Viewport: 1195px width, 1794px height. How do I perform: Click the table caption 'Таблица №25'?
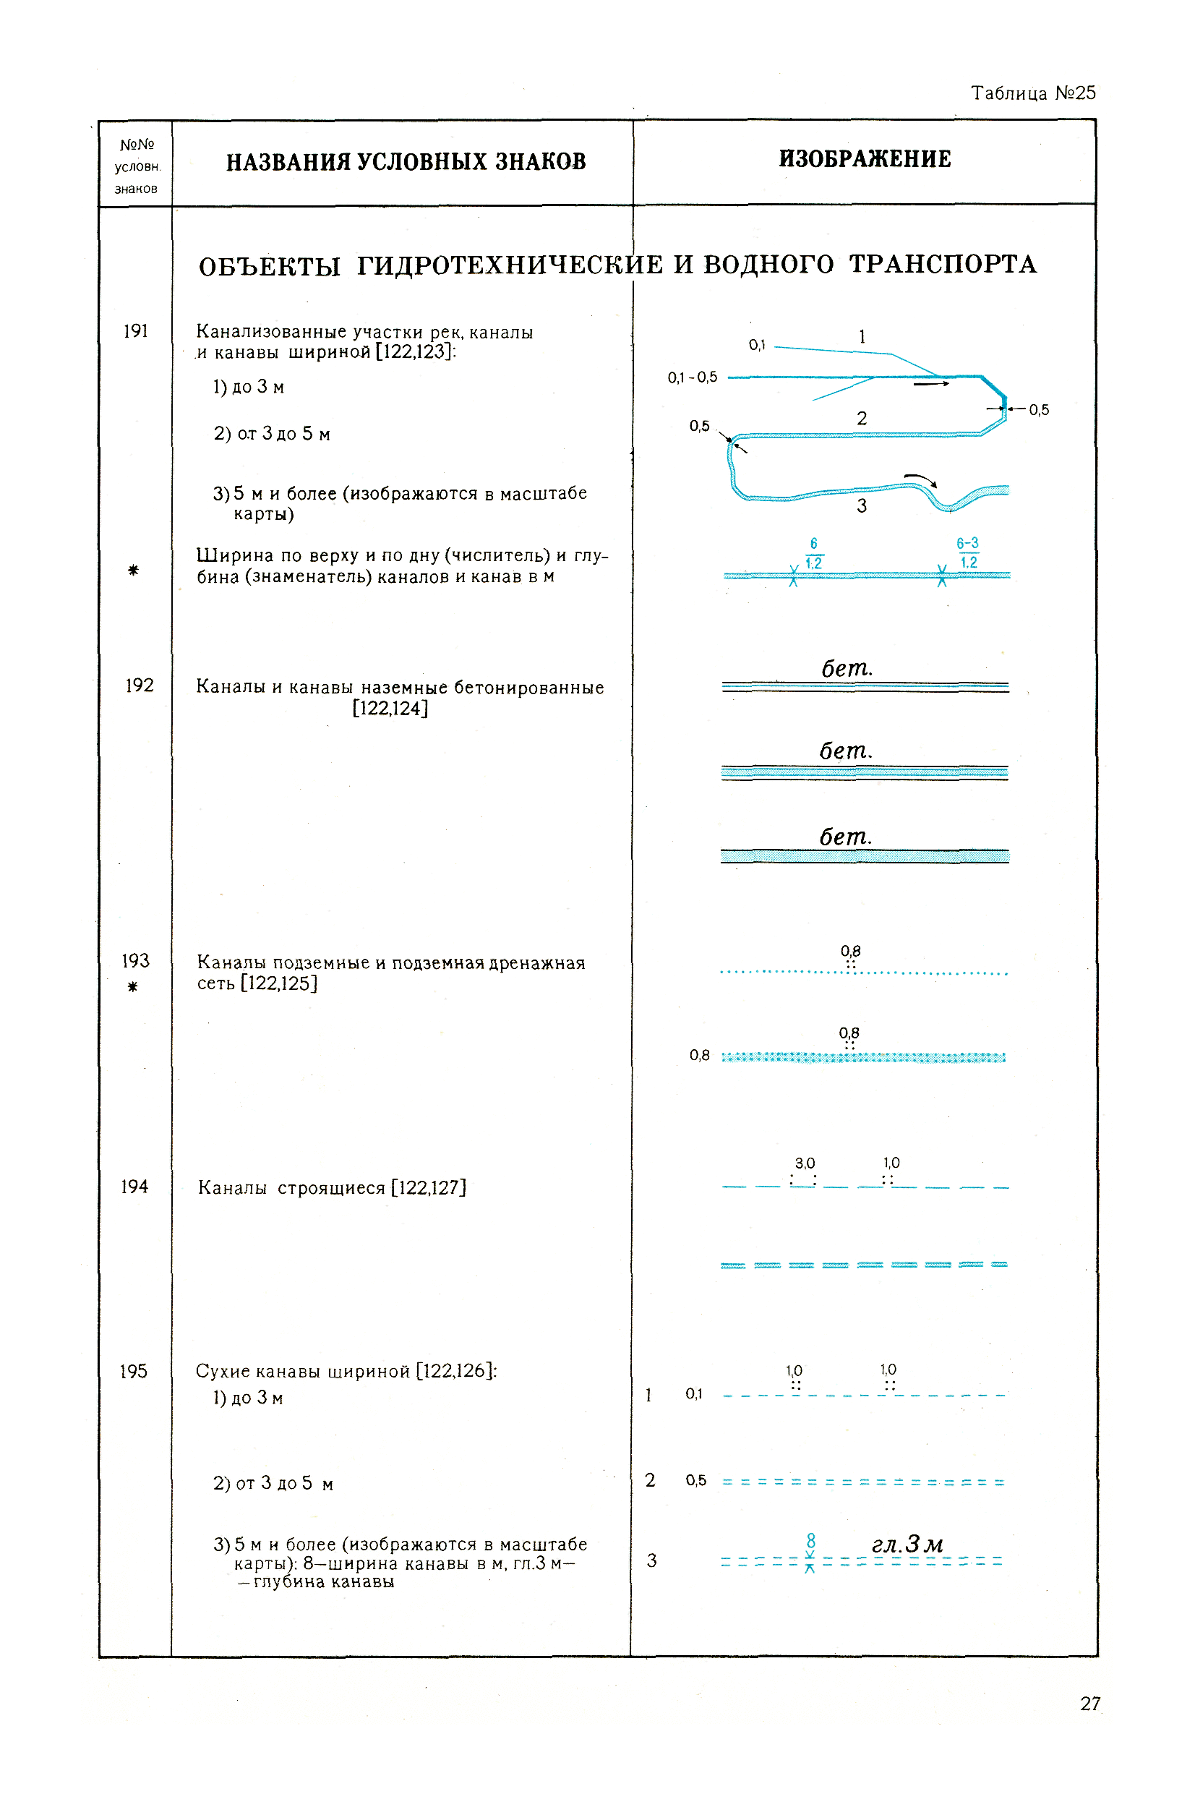(1032, 93)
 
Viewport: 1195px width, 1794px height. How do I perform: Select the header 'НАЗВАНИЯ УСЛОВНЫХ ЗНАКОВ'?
(406, 161)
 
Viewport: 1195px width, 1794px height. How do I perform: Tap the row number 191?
(136, 330)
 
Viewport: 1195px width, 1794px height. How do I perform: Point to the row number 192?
(140, 685)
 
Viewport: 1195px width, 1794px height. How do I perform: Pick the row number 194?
(134, 1187)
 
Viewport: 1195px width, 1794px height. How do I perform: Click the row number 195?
(133, 1371)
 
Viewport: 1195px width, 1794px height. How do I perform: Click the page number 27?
(1090, 1704)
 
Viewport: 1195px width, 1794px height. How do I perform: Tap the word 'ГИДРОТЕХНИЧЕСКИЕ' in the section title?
(510, 265)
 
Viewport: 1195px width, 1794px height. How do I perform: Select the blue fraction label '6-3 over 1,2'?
(968, 552)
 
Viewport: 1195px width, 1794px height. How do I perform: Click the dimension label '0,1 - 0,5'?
(692, 377)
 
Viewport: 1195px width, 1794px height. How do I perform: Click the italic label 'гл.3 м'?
(907, 1544)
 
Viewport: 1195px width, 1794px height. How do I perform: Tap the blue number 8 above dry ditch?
(811, 1540)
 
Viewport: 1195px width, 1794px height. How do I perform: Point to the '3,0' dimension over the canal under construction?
(805, 1163)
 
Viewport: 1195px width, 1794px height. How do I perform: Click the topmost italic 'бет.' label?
(846, 668)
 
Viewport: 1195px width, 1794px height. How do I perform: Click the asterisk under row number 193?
(132, 987)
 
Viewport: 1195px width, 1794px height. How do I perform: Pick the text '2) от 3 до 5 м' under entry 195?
(273, 1483)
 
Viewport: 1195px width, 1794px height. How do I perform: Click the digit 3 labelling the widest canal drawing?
(862, 506)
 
